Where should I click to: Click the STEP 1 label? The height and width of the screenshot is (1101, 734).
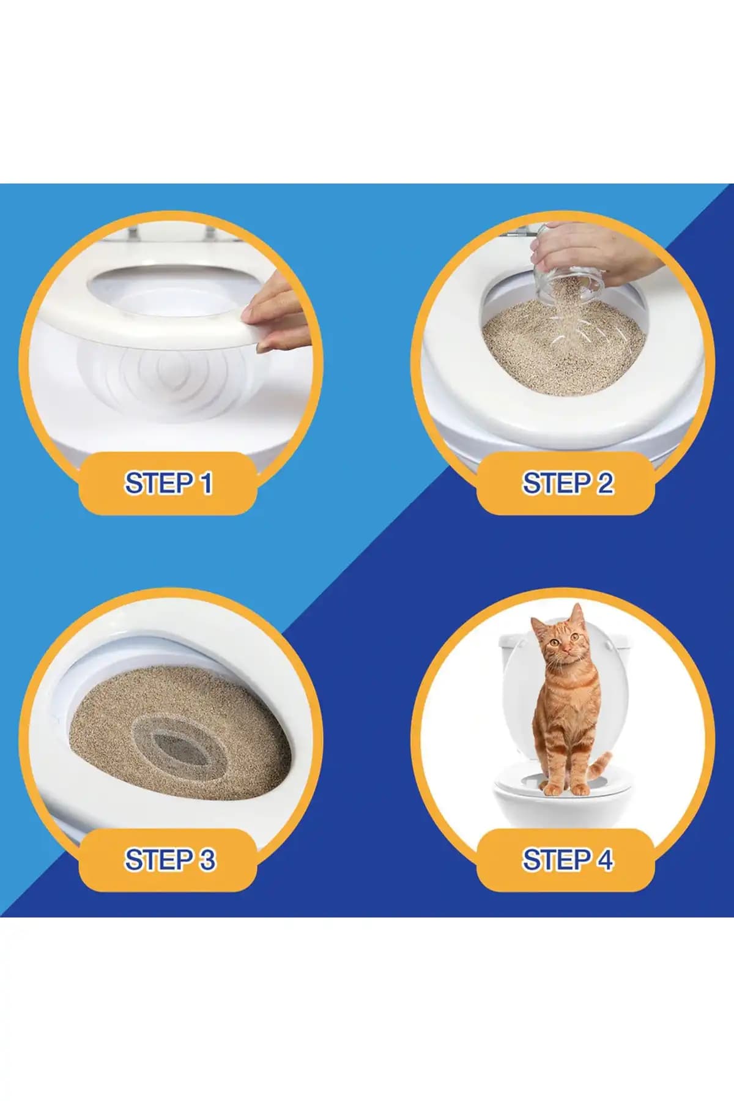pos(168,483)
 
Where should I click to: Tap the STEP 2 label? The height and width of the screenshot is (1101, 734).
pos(567,483)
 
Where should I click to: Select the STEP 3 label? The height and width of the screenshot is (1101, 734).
pos(169,860)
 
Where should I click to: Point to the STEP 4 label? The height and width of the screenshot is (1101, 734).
pos(567,860)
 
